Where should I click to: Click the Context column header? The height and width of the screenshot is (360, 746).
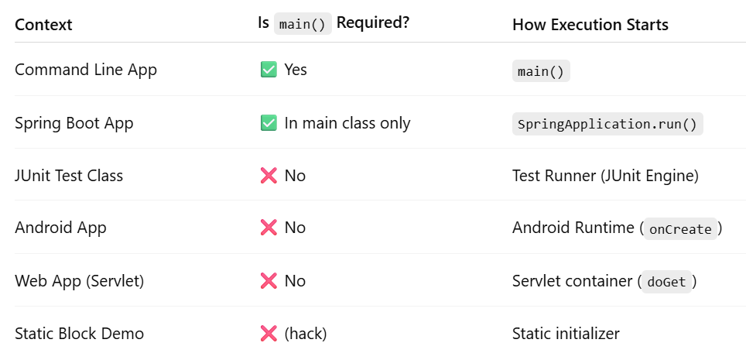pyautogui.click(x=43, y=25)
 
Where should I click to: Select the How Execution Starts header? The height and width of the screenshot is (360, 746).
pyautogui.click(x=590, y=25)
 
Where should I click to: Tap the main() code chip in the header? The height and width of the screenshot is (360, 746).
pyautogui.click(x=303, y=24)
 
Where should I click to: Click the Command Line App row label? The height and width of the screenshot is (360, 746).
pyautogui.click(x=86, y=70)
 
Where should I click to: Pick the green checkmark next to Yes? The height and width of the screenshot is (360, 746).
pyautogui.click(x=269, y=70)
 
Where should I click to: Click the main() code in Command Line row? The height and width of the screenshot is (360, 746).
pyautogui.click(x=541, y=71)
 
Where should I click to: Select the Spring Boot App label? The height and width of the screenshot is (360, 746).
pyautogui.click(x=74, y=123)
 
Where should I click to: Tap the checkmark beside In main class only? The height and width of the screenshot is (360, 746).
pyautogui.click(x=269, y=123)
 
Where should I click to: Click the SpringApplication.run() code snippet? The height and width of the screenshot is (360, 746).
pyautogui.click(x=607, y=124)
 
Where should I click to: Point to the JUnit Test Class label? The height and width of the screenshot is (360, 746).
pyautogui.click(x=69, y=176)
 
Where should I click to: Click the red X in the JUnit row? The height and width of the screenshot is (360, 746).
pyautogui.click(x=269, y=176)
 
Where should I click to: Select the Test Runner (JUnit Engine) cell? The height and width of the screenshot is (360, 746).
pyautogui.click(x=605, y=176)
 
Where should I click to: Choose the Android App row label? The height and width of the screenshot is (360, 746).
pyautogui.click(x=60, y=228)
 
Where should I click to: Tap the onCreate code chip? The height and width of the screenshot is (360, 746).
pyautogui.click(x=680, y=229)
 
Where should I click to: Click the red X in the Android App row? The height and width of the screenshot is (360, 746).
pyautogui.click(x=269, y=228)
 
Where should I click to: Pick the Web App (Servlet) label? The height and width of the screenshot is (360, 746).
pyautogui.click(x=80, y=281)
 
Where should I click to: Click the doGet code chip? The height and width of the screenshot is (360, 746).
pyautogui.click(x=666, y=282)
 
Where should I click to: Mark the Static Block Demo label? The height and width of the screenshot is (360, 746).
pyautogui.click(x=79, y=334)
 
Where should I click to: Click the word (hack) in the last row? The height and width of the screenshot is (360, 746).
pyautogui.click(x=306, y=334)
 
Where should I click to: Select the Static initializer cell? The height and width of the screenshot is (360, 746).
pyautogui.click(x=566, y=334)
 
